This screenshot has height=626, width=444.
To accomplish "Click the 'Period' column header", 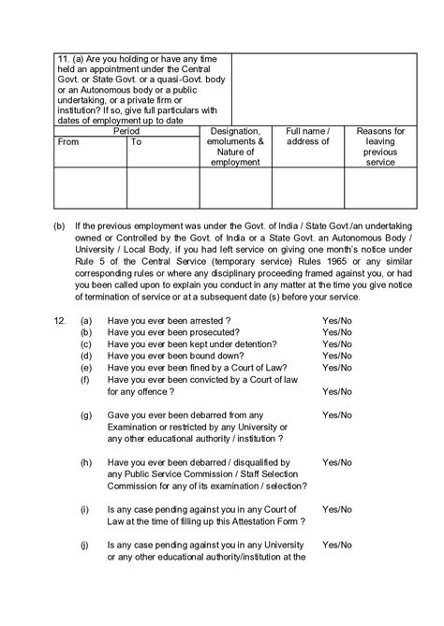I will coord(126,132).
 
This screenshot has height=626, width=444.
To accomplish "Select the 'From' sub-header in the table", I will coord(68,142).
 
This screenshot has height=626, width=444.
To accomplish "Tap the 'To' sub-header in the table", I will coord(137,142).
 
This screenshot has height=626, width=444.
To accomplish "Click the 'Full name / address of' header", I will coord(307,137).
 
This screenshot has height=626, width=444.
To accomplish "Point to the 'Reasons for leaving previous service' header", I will coord(380,147).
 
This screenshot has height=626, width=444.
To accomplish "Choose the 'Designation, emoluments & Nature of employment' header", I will coord(235,147).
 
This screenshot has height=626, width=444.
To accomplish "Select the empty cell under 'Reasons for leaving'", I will coord(380,188).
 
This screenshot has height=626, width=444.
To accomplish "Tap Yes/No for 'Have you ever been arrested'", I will coord(337,320).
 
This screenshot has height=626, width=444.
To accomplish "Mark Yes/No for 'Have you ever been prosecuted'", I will coord(337,332).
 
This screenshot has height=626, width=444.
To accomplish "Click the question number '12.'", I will coord(60,320).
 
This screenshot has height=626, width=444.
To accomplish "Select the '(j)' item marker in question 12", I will coord(86,545).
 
